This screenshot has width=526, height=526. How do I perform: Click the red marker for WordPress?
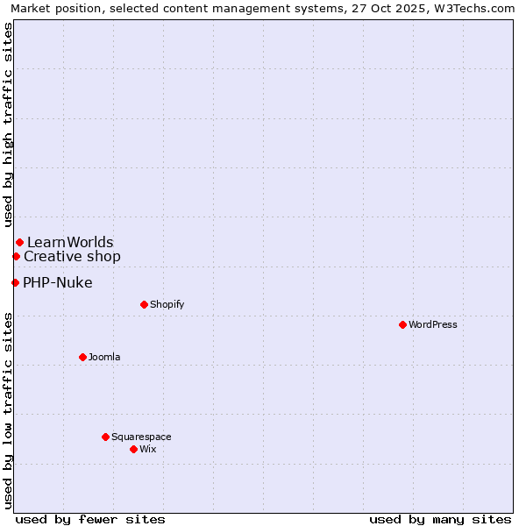click(x=402, y=324)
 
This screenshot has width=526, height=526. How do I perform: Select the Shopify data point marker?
click(x=144, y=304)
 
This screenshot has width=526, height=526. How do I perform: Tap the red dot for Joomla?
click(x=82, y=357)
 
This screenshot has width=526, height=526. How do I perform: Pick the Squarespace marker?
click(x=105, y=437)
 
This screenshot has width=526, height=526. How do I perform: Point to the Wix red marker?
click(x=133, y=449)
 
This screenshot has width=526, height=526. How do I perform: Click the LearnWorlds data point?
click(x=19, y=242)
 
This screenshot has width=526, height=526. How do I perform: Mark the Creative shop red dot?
click(x=16, y=256)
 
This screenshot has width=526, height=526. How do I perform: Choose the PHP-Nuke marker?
click(x=15, y=282)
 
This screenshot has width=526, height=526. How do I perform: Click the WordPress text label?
click(x=433, y=324)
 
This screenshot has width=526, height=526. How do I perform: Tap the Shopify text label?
click(x=167, y=304)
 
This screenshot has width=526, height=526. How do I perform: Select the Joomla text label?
click(x=104, y=357)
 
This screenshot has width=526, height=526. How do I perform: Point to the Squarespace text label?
click(x=141, y=437)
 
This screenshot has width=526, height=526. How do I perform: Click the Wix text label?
click(x=148, y=449)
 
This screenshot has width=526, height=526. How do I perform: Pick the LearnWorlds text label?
click(x=70, y=242)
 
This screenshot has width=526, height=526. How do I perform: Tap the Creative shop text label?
click(x=72, y=256)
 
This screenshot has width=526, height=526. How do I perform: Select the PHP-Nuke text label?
click(x=58, y=282)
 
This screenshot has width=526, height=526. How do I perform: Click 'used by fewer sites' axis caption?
click(x=90, y=519)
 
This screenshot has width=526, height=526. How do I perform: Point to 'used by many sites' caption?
click(x=440, y=519)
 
